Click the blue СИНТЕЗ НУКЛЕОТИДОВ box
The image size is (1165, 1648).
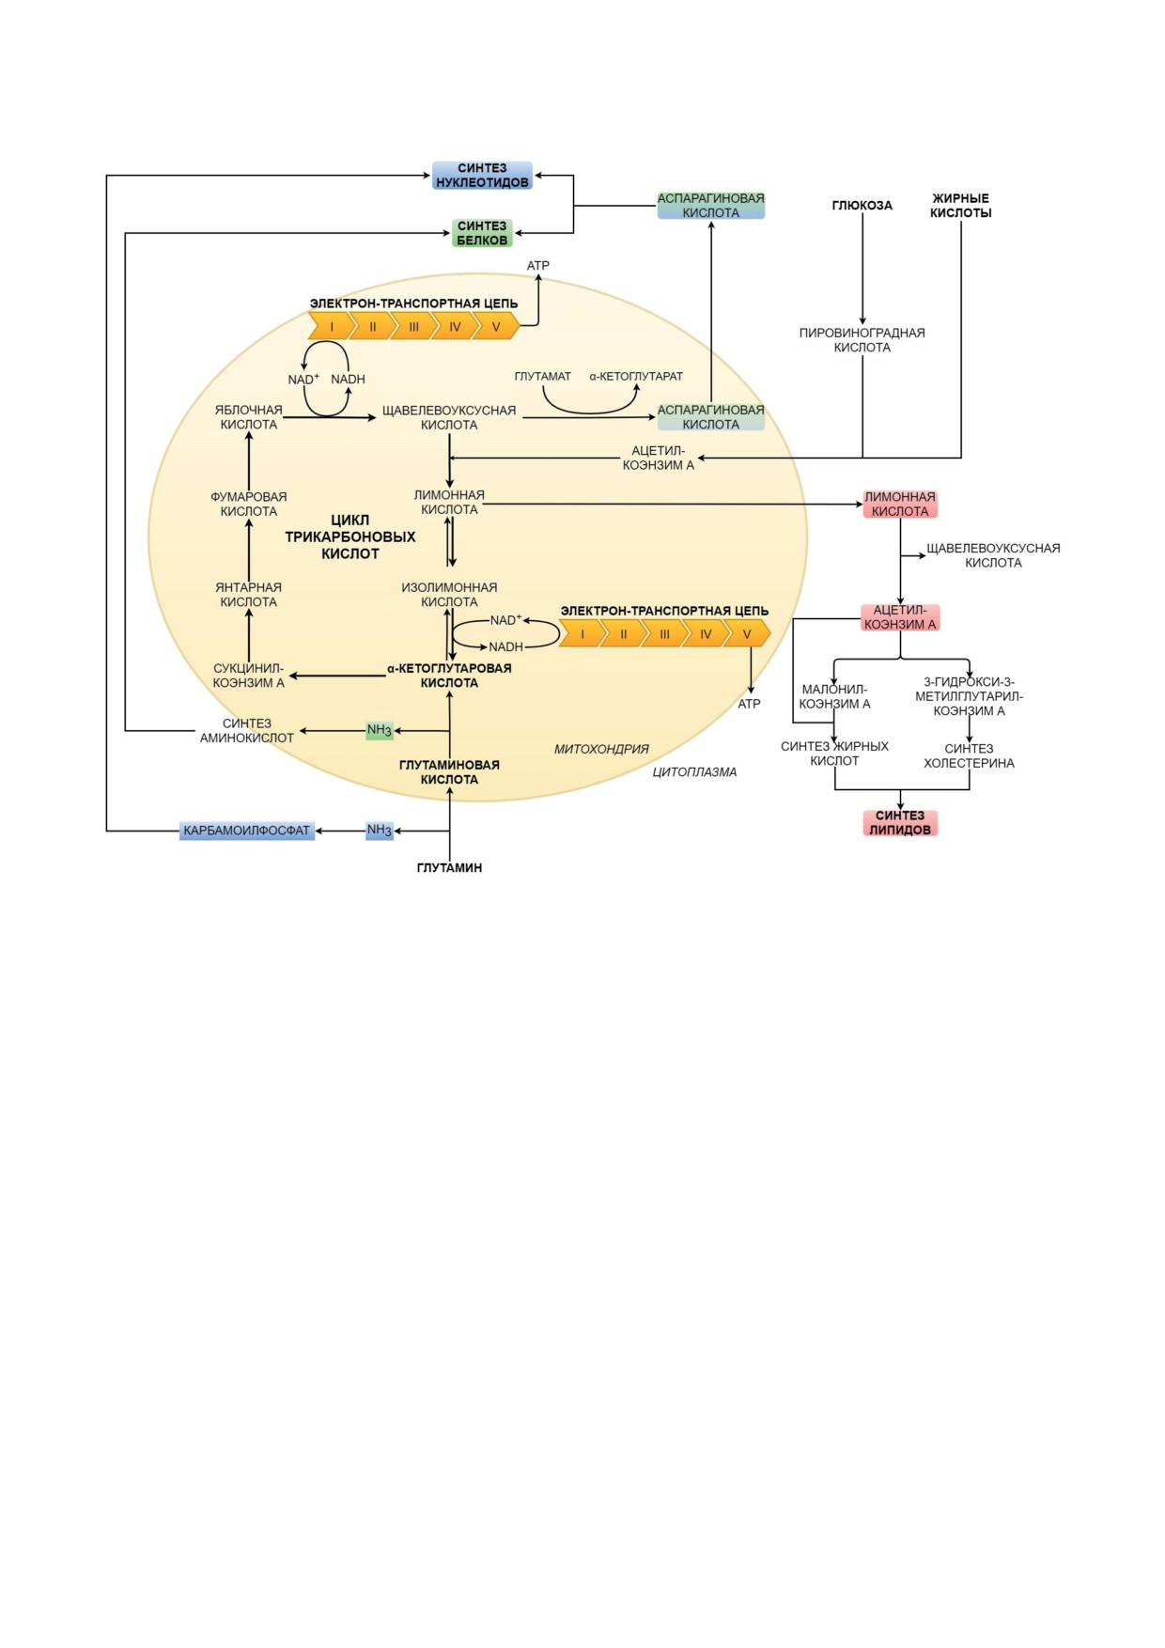point(482,176)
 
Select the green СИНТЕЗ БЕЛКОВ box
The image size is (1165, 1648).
point(482,233)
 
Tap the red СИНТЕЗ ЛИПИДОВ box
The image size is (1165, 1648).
point(900,823)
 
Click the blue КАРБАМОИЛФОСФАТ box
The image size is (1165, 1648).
point(246,831)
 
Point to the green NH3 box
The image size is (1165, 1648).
point(379,730)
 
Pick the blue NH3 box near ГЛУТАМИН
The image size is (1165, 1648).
point(379,831)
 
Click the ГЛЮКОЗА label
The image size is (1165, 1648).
point(862,205)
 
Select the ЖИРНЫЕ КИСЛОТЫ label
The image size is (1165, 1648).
point(960,206)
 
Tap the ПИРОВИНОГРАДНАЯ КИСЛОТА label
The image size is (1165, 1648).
point(862,340)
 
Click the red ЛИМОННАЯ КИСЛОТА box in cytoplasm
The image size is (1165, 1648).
point(900,505)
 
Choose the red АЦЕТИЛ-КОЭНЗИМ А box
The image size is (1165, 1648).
point(900,617)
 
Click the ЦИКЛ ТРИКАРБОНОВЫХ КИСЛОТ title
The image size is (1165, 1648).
point(349,536)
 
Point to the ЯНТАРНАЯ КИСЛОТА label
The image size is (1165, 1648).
point(248,595)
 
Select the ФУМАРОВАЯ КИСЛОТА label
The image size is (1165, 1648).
point(248,505)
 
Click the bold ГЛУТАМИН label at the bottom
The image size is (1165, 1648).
point(449,868)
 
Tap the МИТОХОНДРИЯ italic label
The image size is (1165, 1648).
point(601,749)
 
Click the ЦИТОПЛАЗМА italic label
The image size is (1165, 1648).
point(694,772)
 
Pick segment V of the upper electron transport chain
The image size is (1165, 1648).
point(496,327)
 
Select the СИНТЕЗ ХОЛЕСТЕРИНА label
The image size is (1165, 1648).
point(969,756)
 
